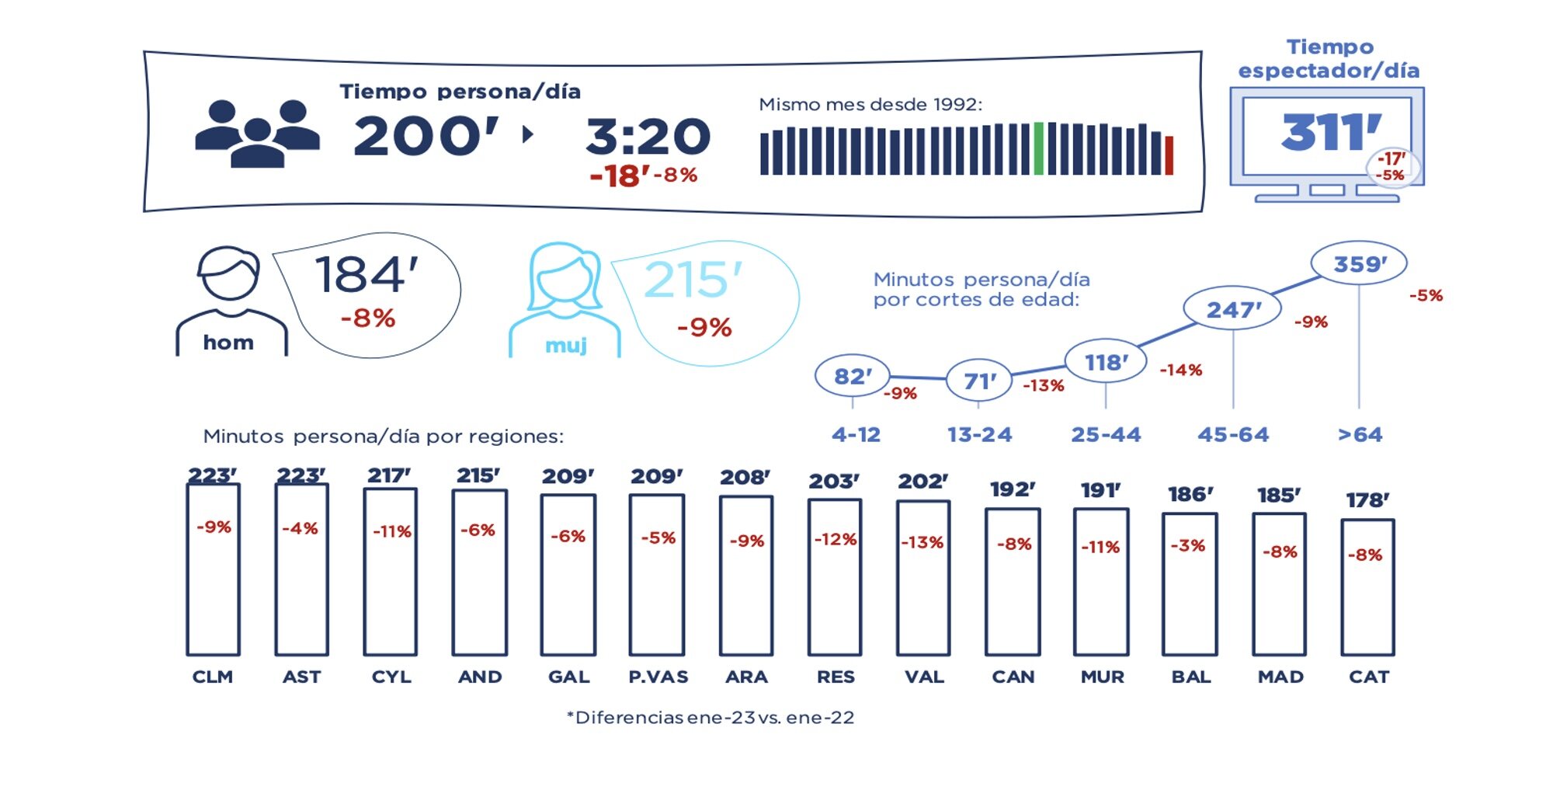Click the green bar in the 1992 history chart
point(1039,148)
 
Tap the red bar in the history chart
point(1169,155)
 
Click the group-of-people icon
point(257,134)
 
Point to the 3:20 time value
point(648,137)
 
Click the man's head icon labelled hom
point(228,274)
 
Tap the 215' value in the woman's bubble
point(693,280)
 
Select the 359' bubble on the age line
point(1359,264)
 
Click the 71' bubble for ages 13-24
point(979,381)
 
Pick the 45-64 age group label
point(1233,435)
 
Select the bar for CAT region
point(1367,588)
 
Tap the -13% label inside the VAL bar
point(922,542)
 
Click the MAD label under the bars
point(1280,677)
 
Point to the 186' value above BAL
point(1190,494)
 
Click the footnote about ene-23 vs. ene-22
point(710,718)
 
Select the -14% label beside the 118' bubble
point(1180,371)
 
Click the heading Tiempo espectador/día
point(1329,59)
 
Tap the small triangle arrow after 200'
point(528,134)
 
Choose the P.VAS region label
point(658,677)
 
